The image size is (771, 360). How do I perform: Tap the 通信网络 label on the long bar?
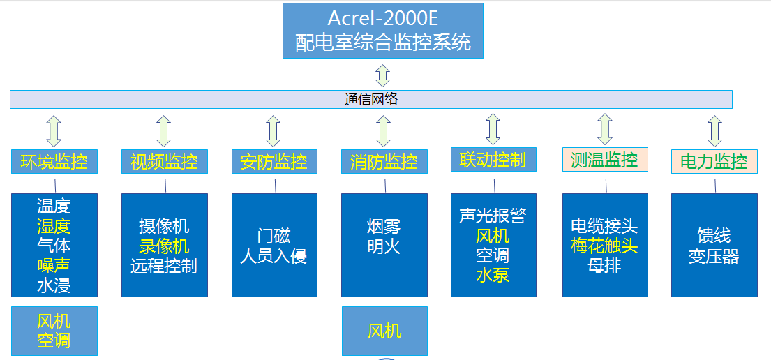pos(371,99)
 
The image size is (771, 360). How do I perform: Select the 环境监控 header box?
pos(54,162)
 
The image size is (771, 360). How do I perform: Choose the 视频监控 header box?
pos(164,162)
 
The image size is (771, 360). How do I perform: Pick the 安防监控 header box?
pos(274,162)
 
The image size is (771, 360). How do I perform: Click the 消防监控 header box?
pos(384,162)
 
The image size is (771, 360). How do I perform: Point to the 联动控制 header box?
pos(493,160)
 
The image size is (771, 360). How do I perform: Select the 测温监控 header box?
pos(604,160)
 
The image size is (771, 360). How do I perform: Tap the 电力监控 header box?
pos(714,162)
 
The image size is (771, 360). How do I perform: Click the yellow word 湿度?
pos(54,226)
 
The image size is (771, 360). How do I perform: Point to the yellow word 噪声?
pos(54,265)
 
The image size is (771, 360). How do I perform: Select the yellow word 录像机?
pos(164,246)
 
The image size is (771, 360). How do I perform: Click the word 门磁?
pos(274,237)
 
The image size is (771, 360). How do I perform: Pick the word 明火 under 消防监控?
pos(384,246)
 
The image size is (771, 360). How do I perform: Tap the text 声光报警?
pos(493,216)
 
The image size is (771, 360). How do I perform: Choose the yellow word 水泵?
pos(493,275)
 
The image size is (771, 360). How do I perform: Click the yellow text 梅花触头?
pos(604,246)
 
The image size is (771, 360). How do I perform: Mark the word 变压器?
pos(714,256)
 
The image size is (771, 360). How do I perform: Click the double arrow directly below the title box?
pos(382,75)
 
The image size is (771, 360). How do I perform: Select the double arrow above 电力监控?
pos(714,130)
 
